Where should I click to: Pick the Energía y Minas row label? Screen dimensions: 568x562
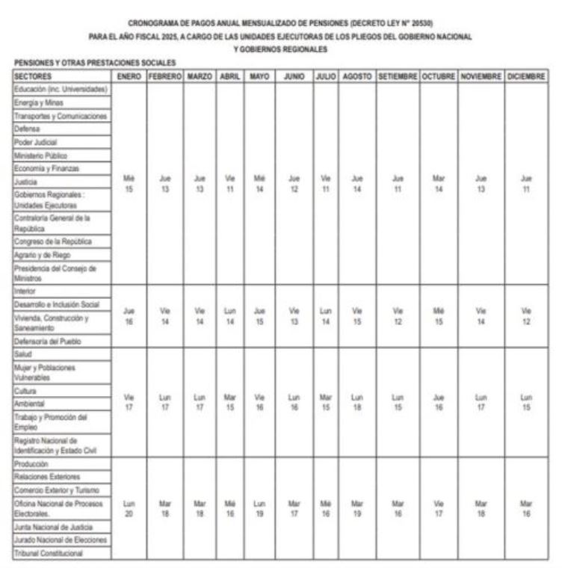pyautogui.click(x=39, y=102)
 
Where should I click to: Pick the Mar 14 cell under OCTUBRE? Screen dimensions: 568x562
pyautogui.click(x=439, y=184)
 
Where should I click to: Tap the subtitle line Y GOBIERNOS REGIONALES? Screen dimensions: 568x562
pyautogui.click(x=281, y=49)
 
